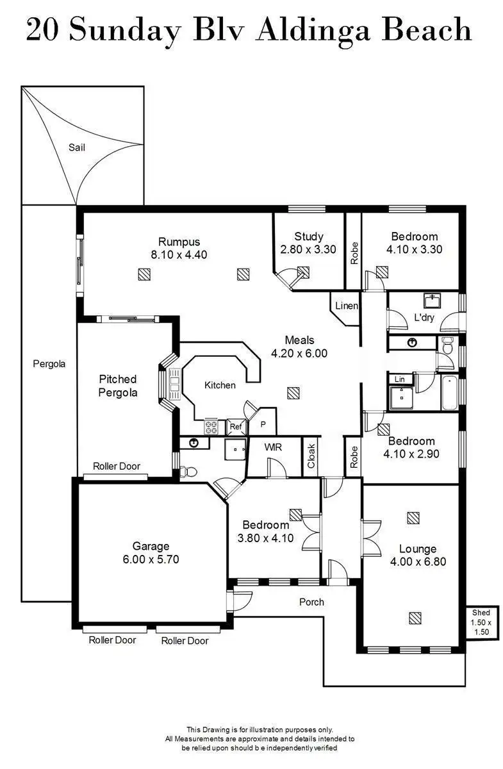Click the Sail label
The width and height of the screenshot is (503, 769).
tap(76, 147)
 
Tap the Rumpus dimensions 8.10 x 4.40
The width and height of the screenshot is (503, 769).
tap(179, 254)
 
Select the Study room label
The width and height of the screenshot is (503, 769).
tap(308, 236)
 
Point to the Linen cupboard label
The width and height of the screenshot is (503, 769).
tap(346, 306)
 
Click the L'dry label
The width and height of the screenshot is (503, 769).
tap(424, 317)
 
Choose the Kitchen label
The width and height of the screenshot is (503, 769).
tap(220, 385)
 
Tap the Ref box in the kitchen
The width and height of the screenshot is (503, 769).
tap(235, 426)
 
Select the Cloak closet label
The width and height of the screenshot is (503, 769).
tap(311, 456)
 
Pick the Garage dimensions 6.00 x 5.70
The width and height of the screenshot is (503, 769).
tap(151, 559)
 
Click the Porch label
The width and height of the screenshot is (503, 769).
tap(311, 602)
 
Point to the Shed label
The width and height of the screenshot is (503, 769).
tap(481, 613)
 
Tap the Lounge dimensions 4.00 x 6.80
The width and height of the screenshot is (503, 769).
tap(418, 562)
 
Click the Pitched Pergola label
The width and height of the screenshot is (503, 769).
tap(118, 386)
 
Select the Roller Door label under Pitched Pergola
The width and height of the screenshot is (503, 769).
tap(116, 466)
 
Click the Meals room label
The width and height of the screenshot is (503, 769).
tap(299, 340)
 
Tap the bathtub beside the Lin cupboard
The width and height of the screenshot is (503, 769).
tap(449, 393)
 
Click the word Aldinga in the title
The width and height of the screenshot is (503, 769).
tap(312, 30)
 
